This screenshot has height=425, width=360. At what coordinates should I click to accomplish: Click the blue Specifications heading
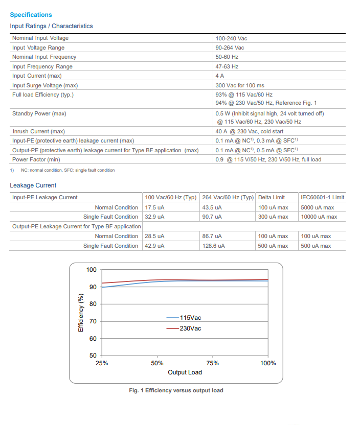[x=31, y=15]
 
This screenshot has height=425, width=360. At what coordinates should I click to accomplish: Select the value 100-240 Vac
[x=231, y=38]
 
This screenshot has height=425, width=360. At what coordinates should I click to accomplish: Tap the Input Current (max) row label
[x=37, y=76]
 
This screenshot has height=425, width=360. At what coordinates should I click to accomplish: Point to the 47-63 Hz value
[x=227, y=66]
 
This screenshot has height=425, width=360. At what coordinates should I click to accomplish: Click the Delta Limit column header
[x=272, y=197]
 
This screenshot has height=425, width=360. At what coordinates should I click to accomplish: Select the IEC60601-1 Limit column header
[x=322, y=197]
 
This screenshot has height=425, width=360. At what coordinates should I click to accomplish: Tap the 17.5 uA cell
[x=154, y=207]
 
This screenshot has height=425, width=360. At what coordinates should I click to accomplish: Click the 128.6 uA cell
[x=214, y=246]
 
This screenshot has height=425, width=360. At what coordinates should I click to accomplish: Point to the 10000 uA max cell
[x=319, y=217]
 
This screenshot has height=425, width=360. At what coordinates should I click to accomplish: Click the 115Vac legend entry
[x=190, y=318]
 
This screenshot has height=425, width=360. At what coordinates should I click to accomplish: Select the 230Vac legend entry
[x=190, y=328]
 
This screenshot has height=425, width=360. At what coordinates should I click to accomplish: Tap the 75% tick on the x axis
[x=213, y=363]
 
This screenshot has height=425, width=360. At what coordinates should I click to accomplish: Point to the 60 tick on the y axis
[x=93, y=339]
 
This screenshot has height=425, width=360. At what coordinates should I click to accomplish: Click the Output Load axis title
[x=185, y=372]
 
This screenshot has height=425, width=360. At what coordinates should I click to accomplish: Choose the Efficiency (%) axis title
[x=81, y=313]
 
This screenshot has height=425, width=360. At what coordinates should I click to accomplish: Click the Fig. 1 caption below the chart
[x=176, y=390]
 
